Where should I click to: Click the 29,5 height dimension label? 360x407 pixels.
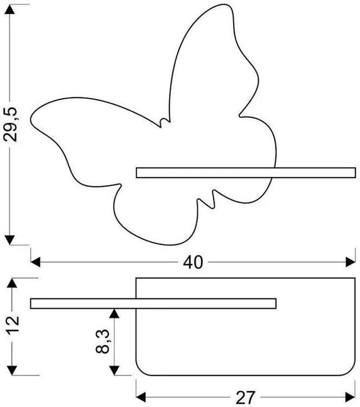pyautogui.click(x=10, y=124)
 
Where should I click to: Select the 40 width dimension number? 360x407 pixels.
pyautogui.click(x=193, y=263)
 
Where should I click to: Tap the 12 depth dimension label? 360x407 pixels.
pyautogui.click(x=13, y=325)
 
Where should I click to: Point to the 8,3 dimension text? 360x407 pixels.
pyautogui.click(x=102, y=341)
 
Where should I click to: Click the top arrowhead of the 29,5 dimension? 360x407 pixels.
pyautogui.click(x=10, y=9)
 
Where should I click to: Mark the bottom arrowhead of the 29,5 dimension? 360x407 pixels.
pyautogui.click(x=10, y=240)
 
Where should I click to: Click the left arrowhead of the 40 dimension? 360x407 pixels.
pyautogui.click(x=36, y=262)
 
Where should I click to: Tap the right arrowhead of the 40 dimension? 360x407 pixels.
pyautogui.click(x=350, y=262)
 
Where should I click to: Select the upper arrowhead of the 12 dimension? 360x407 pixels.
pyautogui.click(x=12, y=283)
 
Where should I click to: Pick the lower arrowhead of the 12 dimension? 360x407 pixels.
pyautogui.click(x=12, y=371)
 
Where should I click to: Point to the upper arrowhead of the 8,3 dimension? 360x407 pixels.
pyautogui.click(x=114, y=314)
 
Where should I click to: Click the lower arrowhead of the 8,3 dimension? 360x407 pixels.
pyautogui.click(x=114, y=371)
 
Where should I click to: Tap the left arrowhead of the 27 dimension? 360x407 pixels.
pyautogui.click(x=141, y=397)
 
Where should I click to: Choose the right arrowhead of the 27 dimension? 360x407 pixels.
pyautogui.click(x=350, y=397)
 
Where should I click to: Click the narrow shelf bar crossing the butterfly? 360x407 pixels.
pyautogui.click(x=246, y=173)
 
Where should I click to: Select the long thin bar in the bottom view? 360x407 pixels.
pyautogui.click(x=153, y=304)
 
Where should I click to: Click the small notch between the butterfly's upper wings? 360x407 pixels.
pyautogui.click(x=165, y=123)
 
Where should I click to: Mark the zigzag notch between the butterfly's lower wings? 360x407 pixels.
pyautogui.click(x=207, y=199)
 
